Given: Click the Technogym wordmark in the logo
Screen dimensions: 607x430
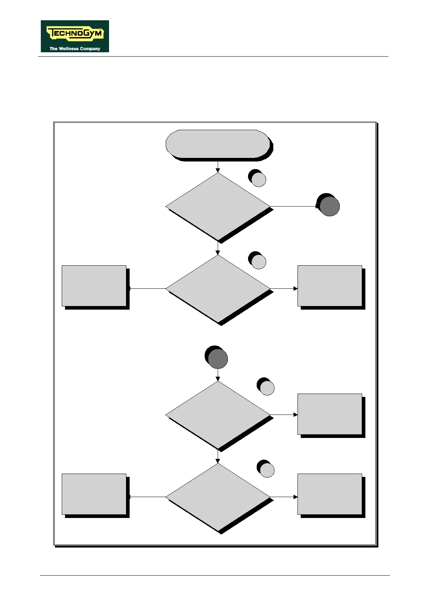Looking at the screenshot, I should [75, 34].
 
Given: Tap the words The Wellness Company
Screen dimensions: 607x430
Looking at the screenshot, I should [75, 49].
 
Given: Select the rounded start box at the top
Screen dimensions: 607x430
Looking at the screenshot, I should [217, 144].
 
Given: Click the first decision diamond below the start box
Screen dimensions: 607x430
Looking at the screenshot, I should [218, 207].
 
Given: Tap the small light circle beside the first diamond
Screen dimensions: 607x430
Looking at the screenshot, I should [259, 180].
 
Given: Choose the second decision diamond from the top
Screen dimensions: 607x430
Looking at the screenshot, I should [218, 289].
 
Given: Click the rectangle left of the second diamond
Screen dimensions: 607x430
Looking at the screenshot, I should [94, 286].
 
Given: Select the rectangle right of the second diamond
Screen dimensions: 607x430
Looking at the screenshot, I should [330, 286].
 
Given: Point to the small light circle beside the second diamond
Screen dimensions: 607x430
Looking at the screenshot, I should [259, 262].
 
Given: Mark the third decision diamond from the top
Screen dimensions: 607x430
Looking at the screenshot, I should [218, 415].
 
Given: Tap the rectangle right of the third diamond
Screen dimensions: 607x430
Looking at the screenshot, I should [330, 414].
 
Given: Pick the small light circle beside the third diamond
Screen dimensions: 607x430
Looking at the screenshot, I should [267, 388].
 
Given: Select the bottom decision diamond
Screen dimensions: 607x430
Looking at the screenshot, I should [218, 497].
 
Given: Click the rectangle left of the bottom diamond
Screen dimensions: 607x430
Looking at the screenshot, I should [94, 494].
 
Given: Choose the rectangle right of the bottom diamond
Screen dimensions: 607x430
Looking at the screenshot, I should [330, 494].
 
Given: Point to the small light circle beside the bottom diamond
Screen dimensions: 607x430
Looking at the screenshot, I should [267, 470].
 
